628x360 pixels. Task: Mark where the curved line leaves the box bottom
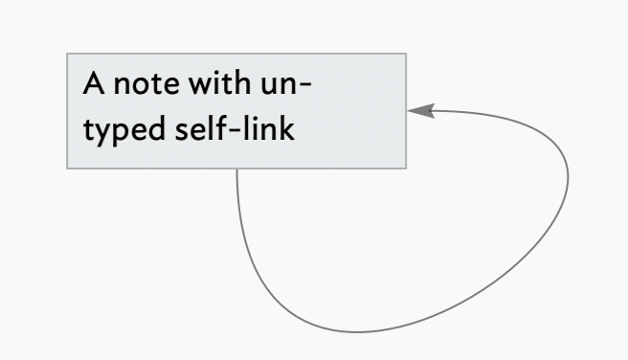236,170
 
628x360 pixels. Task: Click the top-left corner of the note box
67,54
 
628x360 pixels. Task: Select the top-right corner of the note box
406,54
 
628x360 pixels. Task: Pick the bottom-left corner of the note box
67,169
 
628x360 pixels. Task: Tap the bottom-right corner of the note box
406,169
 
